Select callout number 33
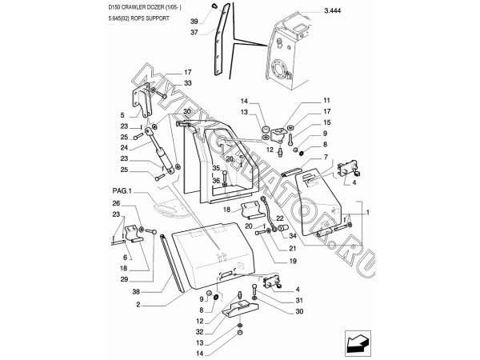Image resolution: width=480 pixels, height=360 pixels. [187, 83]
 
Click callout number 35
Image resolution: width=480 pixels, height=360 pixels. [215, 168]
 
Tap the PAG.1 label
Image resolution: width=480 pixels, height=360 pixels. [122, 192]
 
